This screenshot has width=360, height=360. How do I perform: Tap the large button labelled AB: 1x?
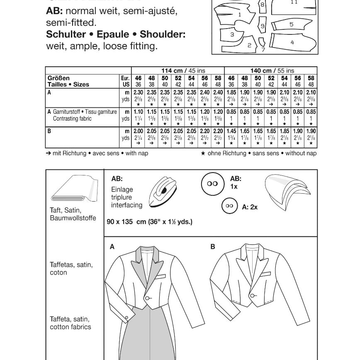212,184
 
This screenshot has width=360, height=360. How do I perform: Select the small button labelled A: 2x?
229,206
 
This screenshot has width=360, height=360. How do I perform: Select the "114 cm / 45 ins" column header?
184,71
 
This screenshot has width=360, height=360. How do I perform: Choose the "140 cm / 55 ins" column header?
272,71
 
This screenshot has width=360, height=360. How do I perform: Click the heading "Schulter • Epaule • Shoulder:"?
116,34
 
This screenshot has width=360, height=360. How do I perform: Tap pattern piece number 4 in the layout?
292,42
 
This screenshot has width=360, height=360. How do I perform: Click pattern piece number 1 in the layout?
240,15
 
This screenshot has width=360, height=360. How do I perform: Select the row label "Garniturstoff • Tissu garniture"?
79,112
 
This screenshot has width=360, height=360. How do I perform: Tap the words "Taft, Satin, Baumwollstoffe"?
73,214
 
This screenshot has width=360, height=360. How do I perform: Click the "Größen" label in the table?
58,78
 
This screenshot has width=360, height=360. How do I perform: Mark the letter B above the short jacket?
213,247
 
